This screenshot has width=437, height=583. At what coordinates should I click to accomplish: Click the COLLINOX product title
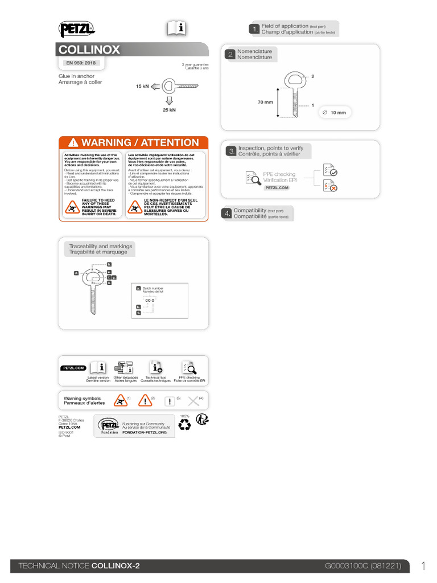[90, 50]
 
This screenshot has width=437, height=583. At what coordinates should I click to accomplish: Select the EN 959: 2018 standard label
[81, 63]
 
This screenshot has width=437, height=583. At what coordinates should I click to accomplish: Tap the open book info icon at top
[176, 28]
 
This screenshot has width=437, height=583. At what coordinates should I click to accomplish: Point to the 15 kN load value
[142, 87]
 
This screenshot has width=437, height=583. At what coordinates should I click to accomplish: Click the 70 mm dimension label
[265, 102]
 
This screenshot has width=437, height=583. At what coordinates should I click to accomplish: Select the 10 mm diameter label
[338, 113]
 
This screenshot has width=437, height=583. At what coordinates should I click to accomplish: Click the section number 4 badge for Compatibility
[228, 214]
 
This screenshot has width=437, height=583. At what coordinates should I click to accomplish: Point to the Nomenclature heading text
[254, 54]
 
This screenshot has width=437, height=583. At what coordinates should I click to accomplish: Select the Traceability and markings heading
[100, 249]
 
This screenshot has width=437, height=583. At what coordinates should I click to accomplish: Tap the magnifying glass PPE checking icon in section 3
[251, 178]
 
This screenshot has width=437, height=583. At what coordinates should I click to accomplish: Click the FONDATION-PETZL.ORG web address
[144, 433]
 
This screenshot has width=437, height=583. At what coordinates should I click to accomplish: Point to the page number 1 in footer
[423, 565]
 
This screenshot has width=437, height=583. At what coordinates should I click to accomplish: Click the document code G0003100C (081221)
[362, 566]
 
